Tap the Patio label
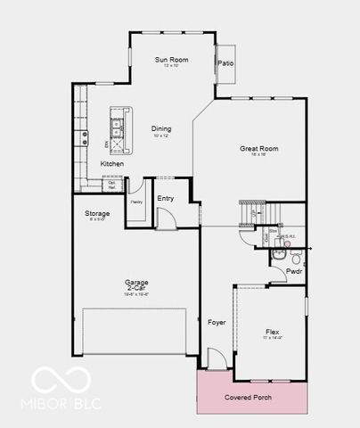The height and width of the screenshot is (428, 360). [x=225, y=63]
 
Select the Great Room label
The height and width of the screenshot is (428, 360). [x=259, y=149]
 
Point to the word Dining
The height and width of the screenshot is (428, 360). [x=161, y=128]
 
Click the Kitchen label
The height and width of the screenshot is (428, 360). [x=112, y=164]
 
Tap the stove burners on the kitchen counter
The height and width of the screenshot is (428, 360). [x=86, y=137]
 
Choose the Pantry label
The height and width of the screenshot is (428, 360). [x=136, y=202]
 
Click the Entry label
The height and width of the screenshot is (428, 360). [x=165, y=198]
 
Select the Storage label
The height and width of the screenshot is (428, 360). [x=97, y=214]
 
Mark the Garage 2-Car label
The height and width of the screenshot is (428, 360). [x=136, y=286]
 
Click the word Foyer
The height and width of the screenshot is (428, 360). [x=216, y=322]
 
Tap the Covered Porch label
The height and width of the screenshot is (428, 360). [x=248, y=398]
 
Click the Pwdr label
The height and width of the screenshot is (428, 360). [x=294, y=270]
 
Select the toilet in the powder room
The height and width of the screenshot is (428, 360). [x=297, y=255]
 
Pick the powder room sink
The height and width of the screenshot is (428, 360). [x=278, y=255]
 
